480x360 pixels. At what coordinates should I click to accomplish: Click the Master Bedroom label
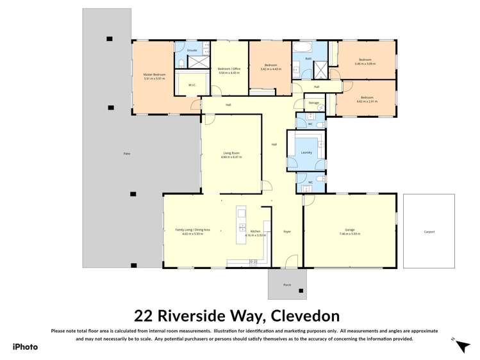(x=154, y=75)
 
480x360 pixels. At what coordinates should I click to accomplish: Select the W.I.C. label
(x=192, y=85)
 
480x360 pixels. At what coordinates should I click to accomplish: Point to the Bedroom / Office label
(x=229, y=69)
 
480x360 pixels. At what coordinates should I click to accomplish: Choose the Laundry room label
(x=306, y=152)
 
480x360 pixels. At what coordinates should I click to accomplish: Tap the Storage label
(x=313, y=102)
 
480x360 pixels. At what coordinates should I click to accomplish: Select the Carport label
(x=429, y=231)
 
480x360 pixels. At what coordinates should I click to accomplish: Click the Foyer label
(x=286, y=231)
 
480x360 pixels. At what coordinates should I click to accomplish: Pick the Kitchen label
(x=254, y=231)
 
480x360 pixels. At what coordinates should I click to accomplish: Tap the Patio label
(x=127, y=154)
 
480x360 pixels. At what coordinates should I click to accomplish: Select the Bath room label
(x=308, y=58)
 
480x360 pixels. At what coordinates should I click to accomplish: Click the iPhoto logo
(x=25, y=347)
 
